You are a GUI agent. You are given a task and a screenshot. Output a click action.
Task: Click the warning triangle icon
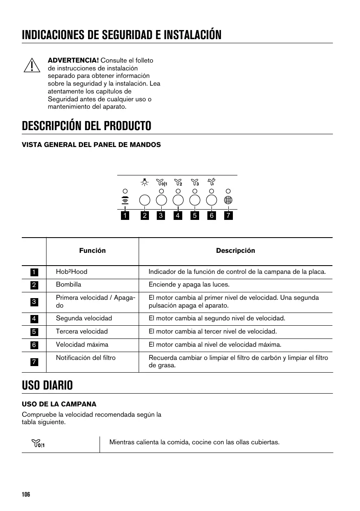pos(32,65)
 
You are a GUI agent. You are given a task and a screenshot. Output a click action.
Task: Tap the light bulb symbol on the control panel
pos(144,182)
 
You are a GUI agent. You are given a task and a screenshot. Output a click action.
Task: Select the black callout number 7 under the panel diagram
pos(228,215)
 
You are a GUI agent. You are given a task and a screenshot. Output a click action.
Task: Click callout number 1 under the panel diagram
pos(125,215)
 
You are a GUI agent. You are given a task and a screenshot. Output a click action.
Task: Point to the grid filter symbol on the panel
pos(228,200)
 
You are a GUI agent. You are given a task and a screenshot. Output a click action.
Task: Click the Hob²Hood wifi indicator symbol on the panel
pos(125,200)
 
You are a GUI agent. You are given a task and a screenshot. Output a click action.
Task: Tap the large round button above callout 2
pos(144,200)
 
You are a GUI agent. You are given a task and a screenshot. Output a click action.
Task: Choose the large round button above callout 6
pos(211,200)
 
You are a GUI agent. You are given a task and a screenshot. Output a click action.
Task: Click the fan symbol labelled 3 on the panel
pos(195,182)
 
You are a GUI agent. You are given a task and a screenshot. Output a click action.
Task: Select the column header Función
pos(93,251)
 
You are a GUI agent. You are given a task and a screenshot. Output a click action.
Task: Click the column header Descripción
pos(235,251)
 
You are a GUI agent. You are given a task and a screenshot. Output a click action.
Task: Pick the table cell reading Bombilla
pos(69,285)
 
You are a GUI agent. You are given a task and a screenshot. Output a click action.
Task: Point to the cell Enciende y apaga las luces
pos(189,285)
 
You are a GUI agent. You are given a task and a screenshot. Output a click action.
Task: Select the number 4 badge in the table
pos(34,319)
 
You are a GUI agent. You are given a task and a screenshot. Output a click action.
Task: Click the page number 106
pos(26,495)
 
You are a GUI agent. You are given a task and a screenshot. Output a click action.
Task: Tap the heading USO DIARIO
pos(47,386)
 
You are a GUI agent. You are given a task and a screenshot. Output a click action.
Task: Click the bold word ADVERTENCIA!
pos(73,61)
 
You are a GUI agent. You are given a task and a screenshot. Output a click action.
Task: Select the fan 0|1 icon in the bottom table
pos(38,443)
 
